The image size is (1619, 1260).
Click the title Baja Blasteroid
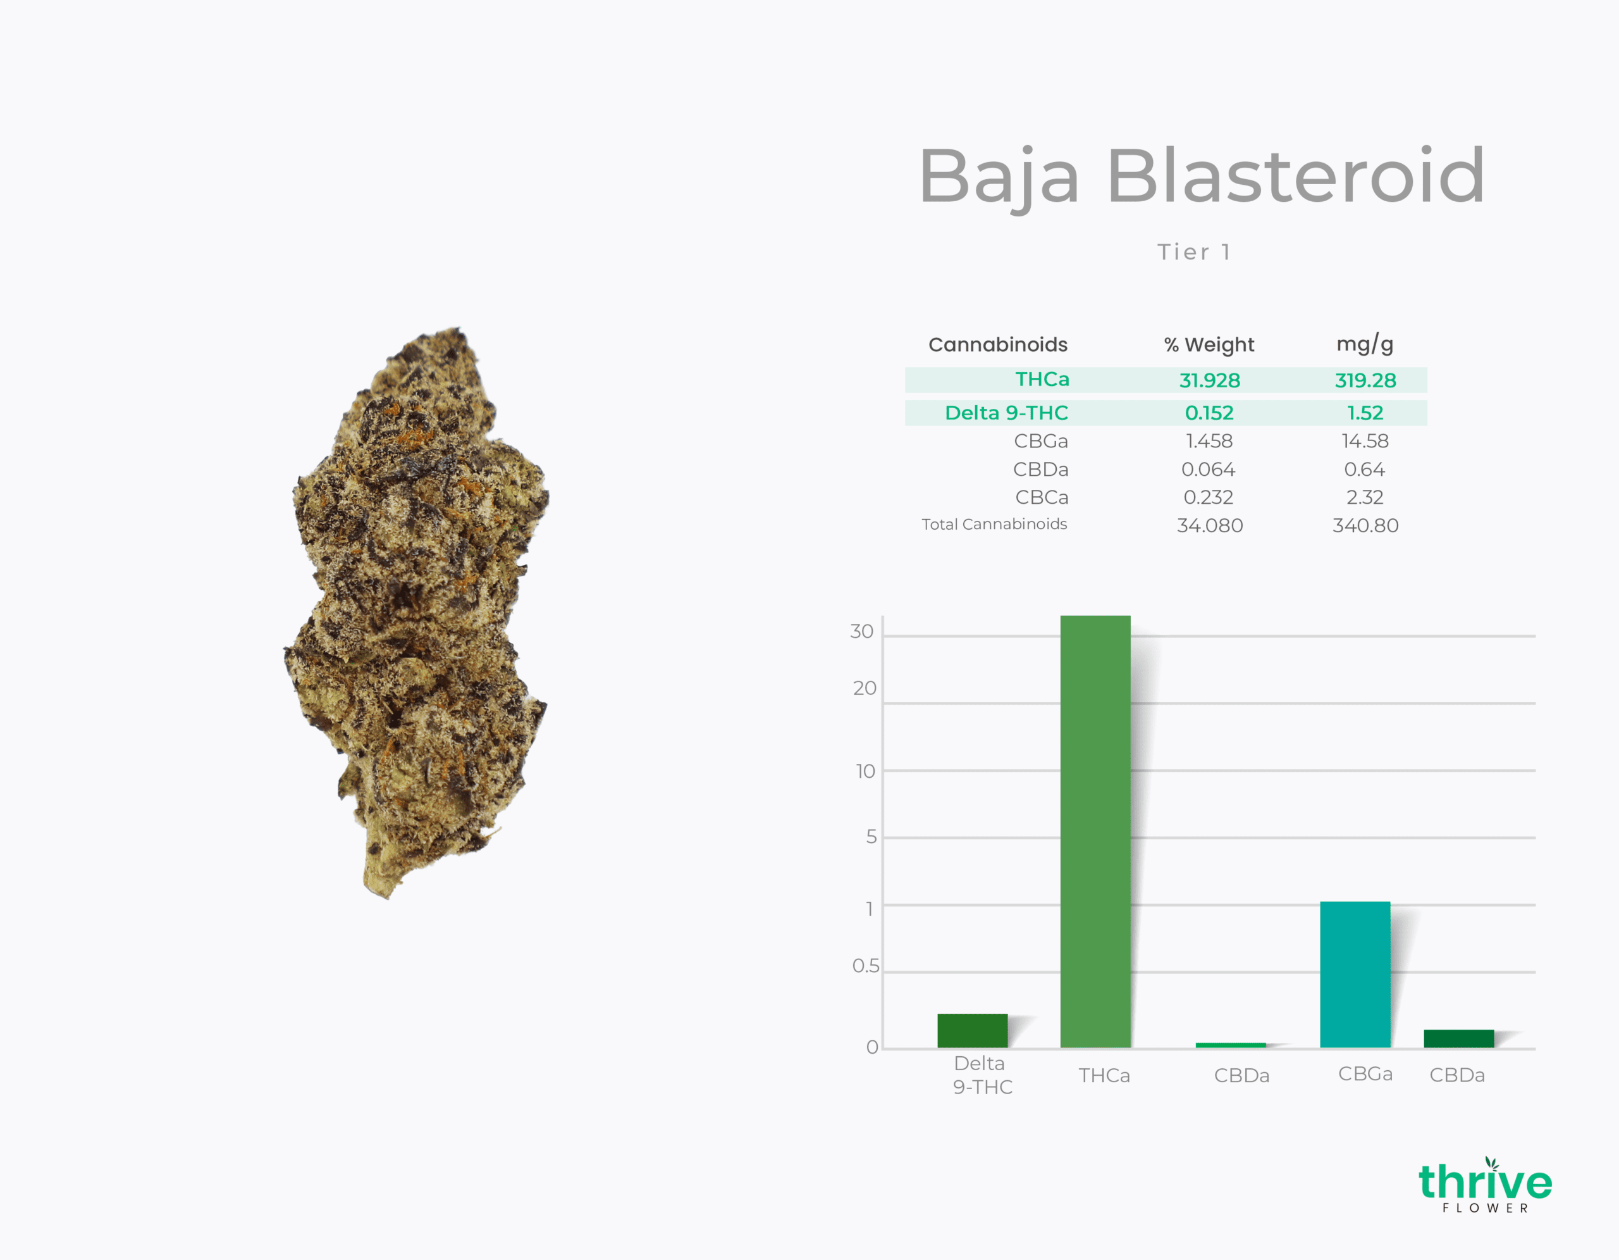(x=1202, y=177)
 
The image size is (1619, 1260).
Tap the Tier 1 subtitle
(x=1194, y=252)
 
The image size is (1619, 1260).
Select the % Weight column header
(x=1209, y=345)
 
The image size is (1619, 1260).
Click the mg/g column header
(x=1365, y=344)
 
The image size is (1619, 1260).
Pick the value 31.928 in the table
(x=1210, y=380)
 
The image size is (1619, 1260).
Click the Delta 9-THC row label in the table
(x=1006, y=413)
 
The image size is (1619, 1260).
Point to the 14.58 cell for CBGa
(x=1365, y=441)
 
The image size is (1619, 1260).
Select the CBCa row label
(x=1042, y=497)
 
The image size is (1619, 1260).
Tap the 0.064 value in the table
(x=1209, y=470)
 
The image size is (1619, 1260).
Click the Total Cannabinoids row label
(x=994, y=525)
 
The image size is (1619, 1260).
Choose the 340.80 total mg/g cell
(x=1365, y=526)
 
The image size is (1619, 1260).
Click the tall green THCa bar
(x=1095, y=832)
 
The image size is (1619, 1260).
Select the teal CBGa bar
(x=1355, y=975)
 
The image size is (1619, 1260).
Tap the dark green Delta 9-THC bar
(x=973, y=1031)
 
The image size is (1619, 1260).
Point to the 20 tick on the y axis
(x=865, y=689)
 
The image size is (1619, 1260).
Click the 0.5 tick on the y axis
(x=866, y=966)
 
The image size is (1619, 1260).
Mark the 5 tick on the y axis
(x=871, y=837)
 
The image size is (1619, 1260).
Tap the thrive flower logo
(x=1485, y=1184)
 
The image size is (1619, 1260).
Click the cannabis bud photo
(x=416, y=613)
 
